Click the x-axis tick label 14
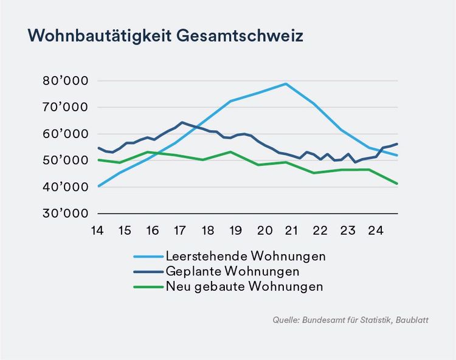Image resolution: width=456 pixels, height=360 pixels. point(97,230)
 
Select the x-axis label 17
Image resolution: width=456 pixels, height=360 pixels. point(179,230)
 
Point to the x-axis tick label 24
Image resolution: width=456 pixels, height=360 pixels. point(375,230)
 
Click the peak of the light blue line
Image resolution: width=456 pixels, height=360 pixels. point(286,84)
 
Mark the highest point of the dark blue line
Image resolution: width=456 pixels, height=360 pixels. point(182,122)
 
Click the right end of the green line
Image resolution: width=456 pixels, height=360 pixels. point(398,184)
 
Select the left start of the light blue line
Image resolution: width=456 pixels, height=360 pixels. point(98,186)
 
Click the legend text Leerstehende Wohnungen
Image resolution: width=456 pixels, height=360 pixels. point(245,256)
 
